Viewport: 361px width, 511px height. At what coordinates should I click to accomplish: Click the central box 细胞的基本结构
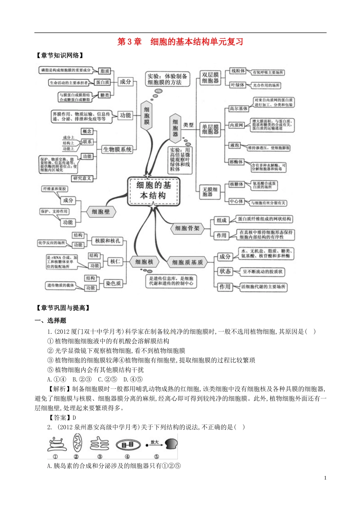(153, 190)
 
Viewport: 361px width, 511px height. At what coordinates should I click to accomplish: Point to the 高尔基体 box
(239, 109)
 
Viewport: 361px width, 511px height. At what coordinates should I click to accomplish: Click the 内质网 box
(236, 125)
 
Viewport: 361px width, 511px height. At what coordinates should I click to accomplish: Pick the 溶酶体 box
(236, 162)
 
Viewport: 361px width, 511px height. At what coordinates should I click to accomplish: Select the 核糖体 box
(236, 184)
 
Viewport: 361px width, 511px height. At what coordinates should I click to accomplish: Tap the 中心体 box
(236, 202)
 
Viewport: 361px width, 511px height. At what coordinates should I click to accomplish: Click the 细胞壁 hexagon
(101, 212)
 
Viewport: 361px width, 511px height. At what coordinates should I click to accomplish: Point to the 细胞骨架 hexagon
(187, 229)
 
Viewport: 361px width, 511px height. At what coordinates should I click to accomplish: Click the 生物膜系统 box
(117, 149)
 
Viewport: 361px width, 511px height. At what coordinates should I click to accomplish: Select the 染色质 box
(113, 283)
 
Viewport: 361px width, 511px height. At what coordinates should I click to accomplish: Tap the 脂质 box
(105, 71)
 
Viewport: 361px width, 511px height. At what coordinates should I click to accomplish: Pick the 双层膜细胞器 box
(210, 78)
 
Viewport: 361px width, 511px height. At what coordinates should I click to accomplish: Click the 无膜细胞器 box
(210, 192)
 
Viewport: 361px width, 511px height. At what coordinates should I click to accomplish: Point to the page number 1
(325, 478)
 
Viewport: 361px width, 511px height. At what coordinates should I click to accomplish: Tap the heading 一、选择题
(51, 321)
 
